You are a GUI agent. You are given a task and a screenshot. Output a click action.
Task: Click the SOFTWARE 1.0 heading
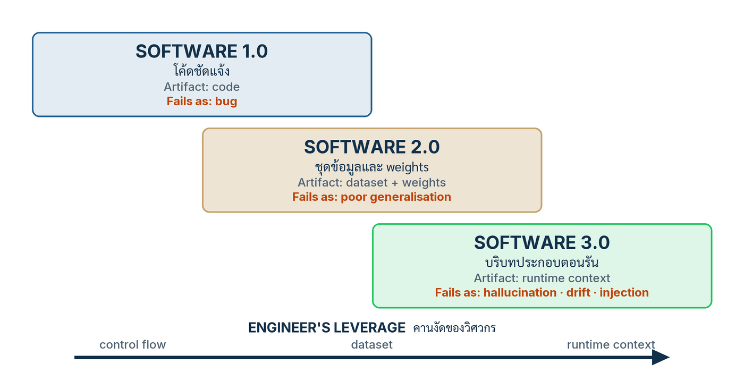pyautogui.click(x=201, y=51)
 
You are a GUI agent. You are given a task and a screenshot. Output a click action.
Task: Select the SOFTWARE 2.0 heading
pyautogui.click(x=372, y=147)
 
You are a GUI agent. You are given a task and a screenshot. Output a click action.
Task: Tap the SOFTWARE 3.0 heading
pyautogui.click(x=542, y=242)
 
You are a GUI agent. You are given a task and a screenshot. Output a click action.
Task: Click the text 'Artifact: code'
pyautogui.click(x=201, y=87)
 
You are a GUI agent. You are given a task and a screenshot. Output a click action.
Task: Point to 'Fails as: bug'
pyautogui.click(x=202, y=102)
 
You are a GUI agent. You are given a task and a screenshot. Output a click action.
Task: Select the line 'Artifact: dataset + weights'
pyautogui.click(x=371, y=182)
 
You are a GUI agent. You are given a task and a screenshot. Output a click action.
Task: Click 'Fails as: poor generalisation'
pyautogui.click(x=371, y=197)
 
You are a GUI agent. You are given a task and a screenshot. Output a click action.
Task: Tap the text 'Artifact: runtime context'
pyautogui.click(x=542, y=278)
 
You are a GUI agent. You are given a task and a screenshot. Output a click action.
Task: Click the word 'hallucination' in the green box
pyautogui.click(x=520, y=293)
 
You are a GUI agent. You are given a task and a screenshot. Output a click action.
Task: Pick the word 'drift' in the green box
pyautogui.click(x=578, y=293)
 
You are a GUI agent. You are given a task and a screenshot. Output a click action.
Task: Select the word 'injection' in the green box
pyautogui.click(x=624, y=293)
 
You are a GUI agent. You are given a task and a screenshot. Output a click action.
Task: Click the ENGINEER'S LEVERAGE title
pyautogui.click(x=327, y=328)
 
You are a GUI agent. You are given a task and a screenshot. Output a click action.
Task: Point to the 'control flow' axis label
pyautogui.click(x=132, y=345)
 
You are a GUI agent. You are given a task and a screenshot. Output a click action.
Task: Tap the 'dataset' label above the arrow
pyautogui.click(x=371, y=345)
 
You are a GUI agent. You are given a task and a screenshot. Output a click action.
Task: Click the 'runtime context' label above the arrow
pyautogui.click(x=611, y=345)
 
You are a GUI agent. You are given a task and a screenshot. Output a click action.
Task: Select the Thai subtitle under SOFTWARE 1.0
pyautogui.click(x=201, y=70)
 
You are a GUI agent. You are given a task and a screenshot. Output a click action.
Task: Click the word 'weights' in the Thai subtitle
pyautogui.click(x=408, y=167)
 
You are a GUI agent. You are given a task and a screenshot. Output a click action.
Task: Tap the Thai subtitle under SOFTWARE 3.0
pyautogui.click(x=542, y=263)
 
